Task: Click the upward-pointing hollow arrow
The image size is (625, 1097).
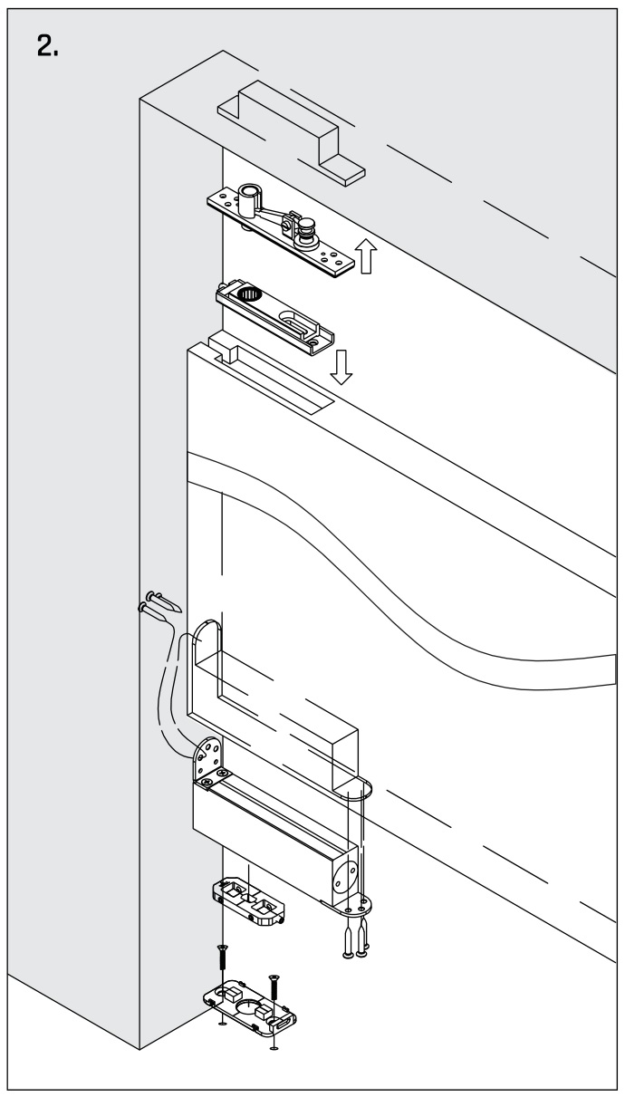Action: point(366,257)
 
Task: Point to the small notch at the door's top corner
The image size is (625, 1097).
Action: point(222,346)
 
